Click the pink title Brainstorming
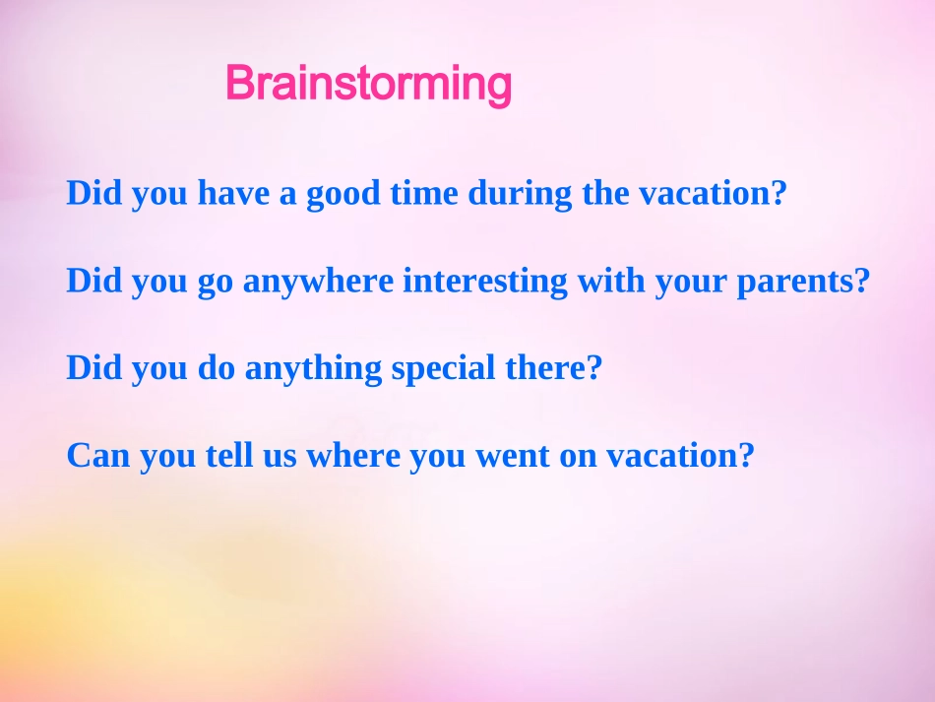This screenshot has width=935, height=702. tap(368, 84)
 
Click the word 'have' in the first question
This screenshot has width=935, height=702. tap(233, 193)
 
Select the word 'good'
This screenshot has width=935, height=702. tap(343, 194)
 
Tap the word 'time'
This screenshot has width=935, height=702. tap(424, 193)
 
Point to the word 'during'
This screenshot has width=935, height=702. tap(520, 194)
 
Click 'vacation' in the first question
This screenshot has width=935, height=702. tap(706, 193)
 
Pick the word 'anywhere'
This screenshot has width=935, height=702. tap(319, 281)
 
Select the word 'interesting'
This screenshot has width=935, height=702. tap(485, 281)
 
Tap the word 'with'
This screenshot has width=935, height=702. tap(611, 280)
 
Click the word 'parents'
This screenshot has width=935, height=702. tap(796, 283)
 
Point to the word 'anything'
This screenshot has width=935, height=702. tap(313, 368)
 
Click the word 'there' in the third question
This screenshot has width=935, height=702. tap(546, 367)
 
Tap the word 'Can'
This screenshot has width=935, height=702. tap(98, 455)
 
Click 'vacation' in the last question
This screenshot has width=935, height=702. tap(673, 456)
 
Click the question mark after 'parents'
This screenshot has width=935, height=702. tap(863, 281)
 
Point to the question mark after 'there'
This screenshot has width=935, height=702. tap(595, 367)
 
